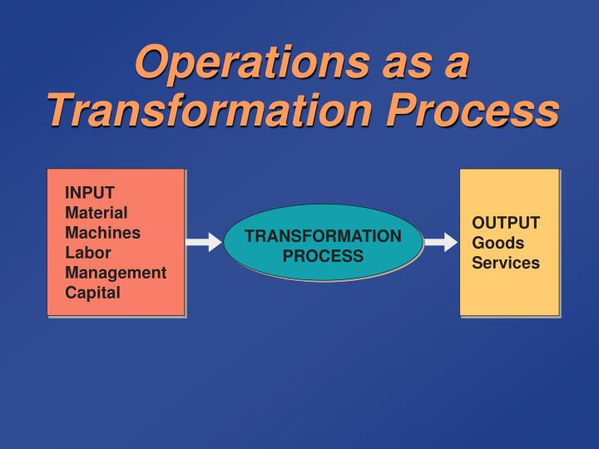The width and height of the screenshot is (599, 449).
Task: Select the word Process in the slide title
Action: (483, 110)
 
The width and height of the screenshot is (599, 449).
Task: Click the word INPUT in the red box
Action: (90, 193)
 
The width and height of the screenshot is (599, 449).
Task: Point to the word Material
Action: (97, 213)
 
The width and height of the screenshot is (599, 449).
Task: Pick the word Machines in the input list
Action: (102, 233)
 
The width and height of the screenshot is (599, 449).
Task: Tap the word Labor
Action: (88, 253)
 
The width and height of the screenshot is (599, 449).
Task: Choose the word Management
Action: (116, 273)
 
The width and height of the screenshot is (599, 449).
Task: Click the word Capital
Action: (93, 293)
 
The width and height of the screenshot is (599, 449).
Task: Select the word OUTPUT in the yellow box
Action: (506, 223)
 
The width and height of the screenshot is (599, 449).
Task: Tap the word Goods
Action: (498, 243)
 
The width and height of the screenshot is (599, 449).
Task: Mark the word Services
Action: (506, 263)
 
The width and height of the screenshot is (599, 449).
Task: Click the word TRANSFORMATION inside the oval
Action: (323, 236)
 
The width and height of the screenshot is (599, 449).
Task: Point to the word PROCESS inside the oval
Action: (323, 256)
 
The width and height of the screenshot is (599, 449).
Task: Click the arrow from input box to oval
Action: (203, 243)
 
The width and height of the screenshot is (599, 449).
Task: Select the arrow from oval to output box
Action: (441, 243)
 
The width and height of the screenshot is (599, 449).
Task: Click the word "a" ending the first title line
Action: (454, 63)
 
